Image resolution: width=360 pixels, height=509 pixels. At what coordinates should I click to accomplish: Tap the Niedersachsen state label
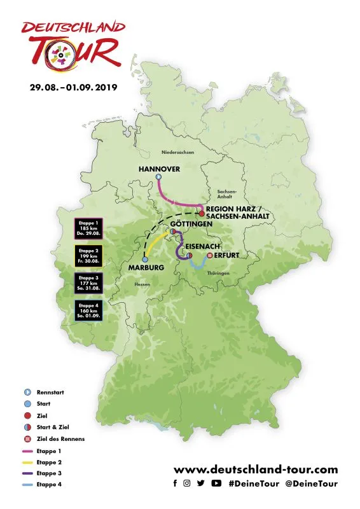click(178, 152)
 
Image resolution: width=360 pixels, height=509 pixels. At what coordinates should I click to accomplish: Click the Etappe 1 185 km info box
click(88, 227)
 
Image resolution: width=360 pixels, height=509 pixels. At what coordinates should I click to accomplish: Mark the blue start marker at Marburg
click(145, 260)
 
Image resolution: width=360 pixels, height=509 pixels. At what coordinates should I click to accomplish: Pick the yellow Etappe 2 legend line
click(27, 463)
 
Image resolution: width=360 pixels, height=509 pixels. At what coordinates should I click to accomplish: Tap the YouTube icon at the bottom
click(216, 484)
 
